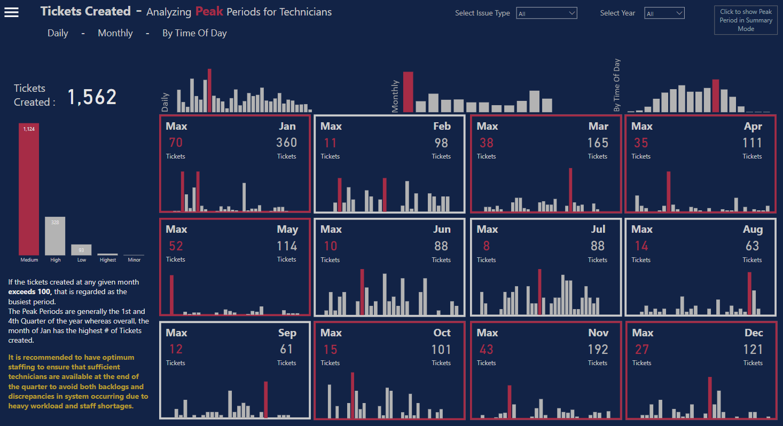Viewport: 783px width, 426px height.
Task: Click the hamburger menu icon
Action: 11,12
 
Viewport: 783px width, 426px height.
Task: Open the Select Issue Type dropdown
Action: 546,13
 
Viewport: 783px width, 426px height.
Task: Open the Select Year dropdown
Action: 664,13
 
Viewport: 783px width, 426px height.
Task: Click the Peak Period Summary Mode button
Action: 746,20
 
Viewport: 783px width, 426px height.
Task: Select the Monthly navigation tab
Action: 115,33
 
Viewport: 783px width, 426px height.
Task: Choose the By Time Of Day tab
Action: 194,33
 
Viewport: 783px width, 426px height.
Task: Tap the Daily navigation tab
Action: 58,33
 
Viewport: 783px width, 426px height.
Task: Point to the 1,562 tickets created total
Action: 92,97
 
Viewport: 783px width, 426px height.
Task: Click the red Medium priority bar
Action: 29,190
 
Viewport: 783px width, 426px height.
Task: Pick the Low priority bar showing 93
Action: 81,250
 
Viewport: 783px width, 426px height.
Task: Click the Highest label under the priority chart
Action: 107,260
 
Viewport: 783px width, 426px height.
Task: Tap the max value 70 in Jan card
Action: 176,143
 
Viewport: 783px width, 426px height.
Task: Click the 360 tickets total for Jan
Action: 286,143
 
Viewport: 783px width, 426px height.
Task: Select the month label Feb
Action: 442,127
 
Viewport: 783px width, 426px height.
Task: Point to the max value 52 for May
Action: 176,246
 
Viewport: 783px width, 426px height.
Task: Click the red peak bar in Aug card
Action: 749,294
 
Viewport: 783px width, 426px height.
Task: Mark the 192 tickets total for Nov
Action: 598,350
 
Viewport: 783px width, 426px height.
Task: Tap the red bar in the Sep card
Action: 266,399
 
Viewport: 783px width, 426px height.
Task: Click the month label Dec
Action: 754,333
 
